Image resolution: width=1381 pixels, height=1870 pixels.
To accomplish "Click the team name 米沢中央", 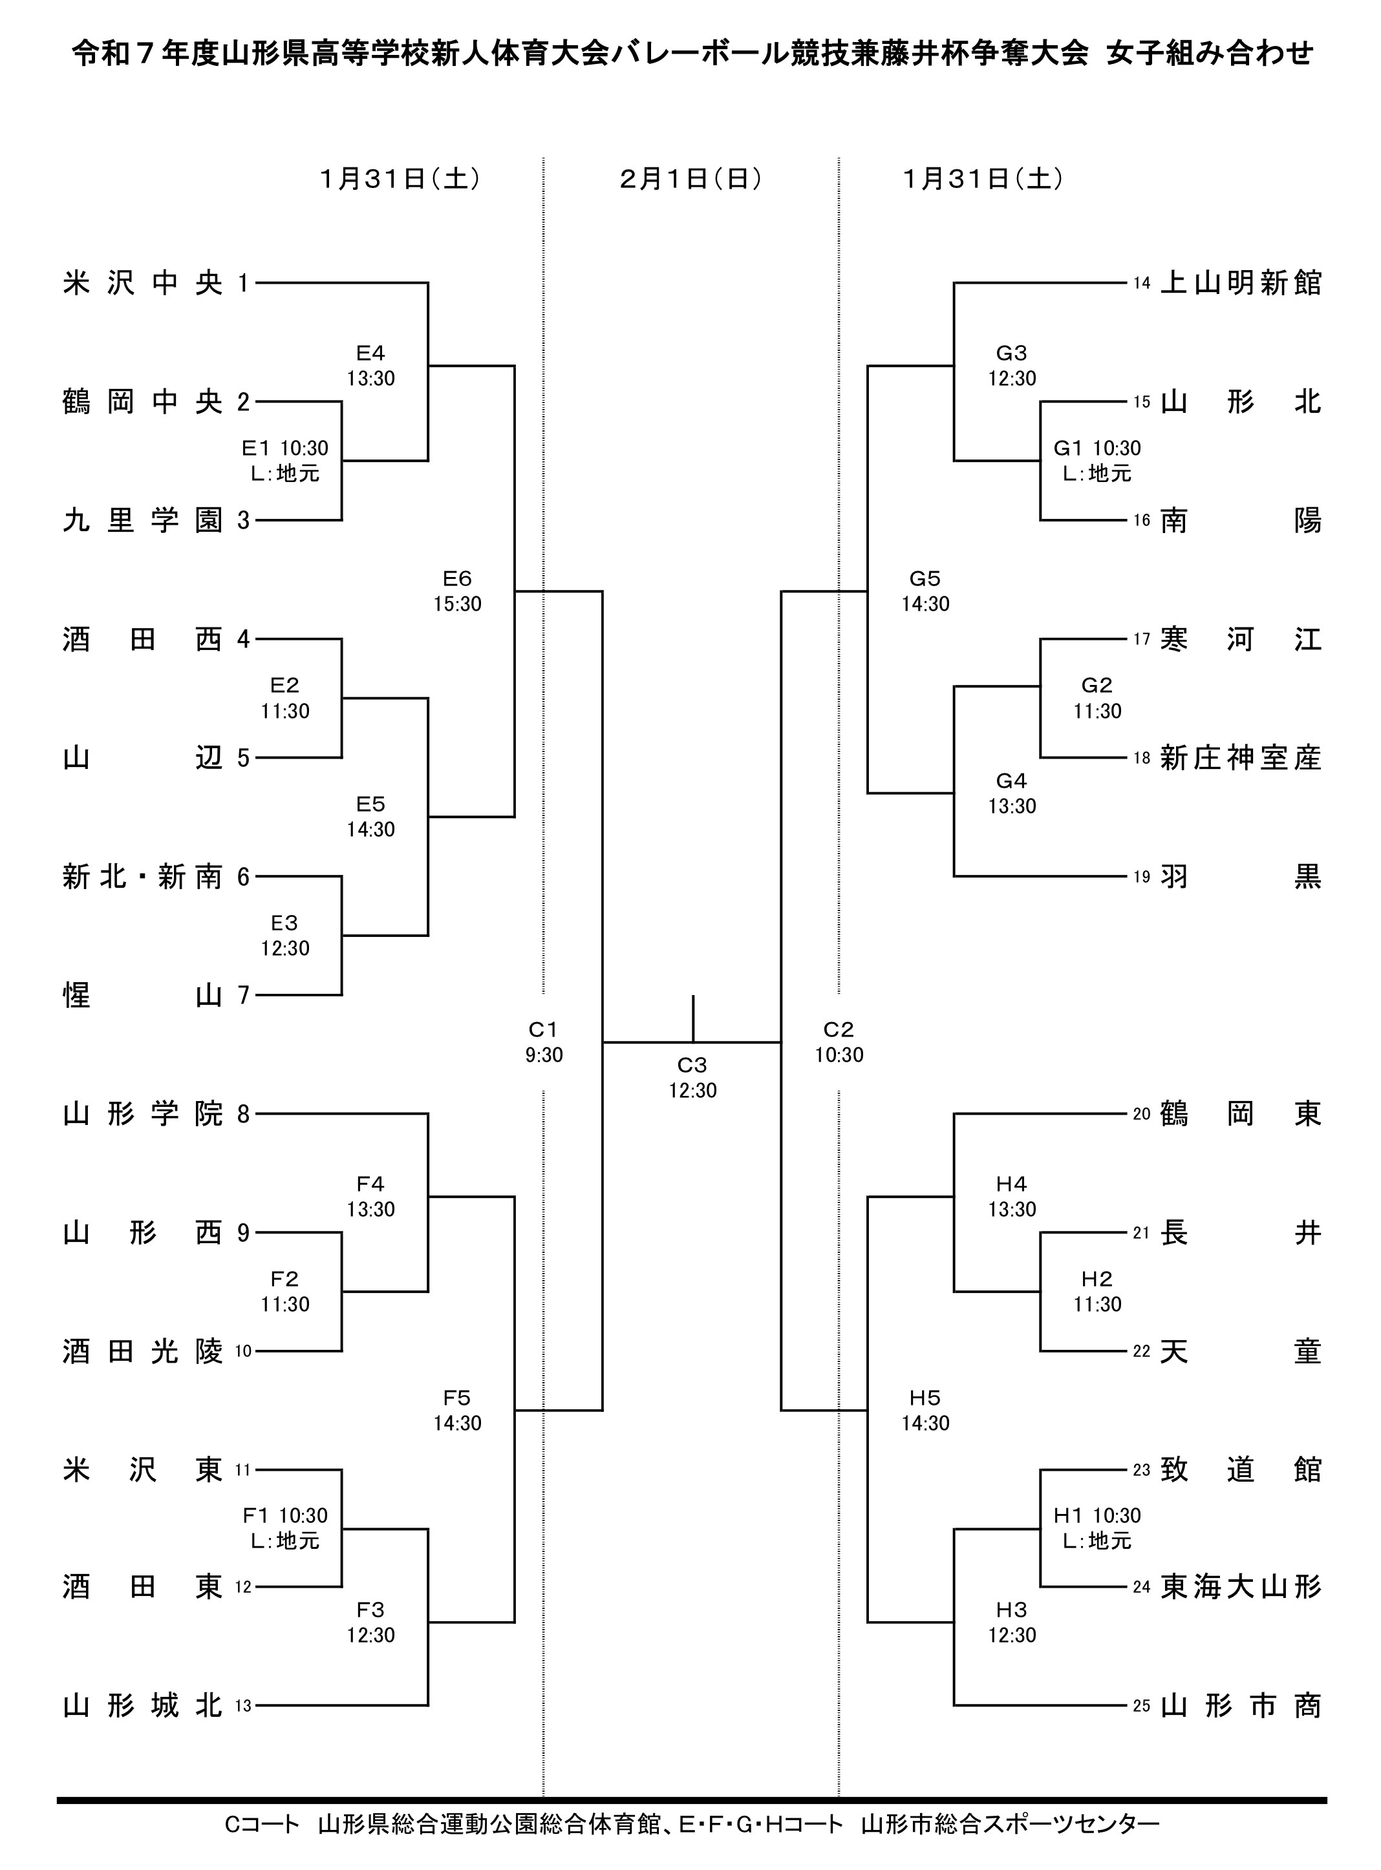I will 142,283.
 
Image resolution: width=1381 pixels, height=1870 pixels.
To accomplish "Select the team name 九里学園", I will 142,521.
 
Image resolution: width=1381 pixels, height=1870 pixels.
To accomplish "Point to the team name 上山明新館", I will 1241,283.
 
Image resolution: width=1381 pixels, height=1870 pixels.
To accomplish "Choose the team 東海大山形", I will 1241,1587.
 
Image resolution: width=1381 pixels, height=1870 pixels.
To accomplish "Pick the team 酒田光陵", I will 142,1351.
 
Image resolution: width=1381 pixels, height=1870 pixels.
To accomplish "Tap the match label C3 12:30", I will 692,1077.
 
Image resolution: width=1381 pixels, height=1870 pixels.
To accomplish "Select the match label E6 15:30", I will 457,591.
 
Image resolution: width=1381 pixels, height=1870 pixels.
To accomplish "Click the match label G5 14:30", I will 925,591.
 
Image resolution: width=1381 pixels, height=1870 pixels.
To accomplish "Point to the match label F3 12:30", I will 370,1622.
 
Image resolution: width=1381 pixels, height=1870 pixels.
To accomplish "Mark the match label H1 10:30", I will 1097,1528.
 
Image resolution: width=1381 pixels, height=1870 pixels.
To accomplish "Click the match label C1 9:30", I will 543,1042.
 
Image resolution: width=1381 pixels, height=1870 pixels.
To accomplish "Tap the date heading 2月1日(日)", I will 690,179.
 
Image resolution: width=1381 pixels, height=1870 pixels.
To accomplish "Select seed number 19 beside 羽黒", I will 1142,877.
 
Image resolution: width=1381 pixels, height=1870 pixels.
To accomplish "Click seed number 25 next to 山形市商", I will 1142,1707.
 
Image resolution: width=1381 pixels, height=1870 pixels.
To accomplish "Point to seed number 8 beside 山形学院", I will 243,1114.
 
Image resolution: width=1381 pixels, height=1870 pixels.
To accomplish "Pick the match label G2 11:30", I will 1097,698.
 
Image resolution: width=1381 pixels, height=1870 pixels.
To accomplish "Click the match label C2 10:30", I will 839,1042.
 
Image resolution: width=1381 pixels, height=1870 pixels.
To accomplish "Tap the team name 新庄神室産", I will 1241,758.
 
